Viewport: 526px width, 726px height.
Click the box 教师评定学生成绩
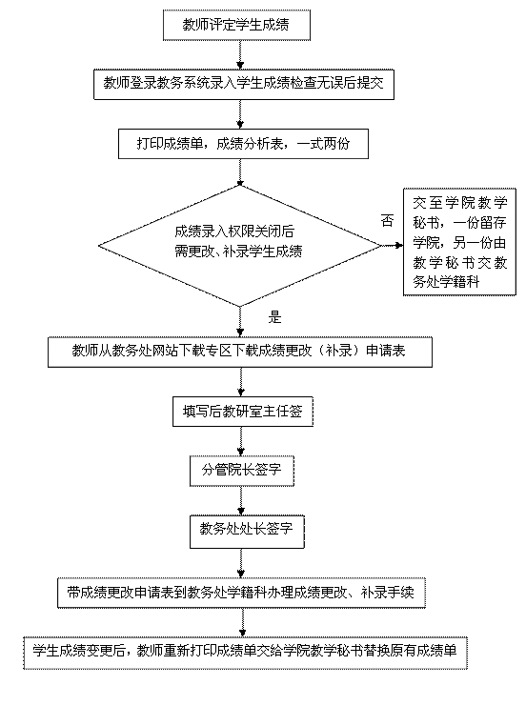236,25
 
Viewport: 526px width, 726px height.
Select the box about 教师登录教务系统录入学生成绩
244,84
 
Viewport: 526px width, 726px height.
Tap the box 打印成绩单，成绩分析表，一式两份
243,144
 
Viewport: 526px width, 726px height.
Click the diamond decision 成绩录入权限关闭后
239,246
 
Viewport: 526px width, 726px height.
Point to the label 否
387,220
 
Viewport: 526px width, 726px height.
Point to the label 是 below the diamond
274,317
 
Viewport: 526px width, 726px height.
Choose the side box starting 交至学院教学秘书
459,241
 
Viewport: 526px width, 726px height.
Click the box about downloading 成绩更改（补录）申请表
240,352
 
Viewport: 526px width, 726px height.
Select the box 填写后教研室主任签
243,412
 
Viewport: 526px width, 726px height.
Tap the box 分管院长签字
242,471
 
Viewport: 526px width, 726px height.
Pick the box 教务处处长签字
247,531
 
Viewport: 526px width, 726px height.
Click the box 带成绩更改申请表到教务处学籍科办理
241,593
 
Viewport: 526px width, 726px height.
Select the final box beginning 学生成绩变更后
245,653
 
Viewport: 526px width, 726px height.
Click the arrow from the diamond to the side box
393,246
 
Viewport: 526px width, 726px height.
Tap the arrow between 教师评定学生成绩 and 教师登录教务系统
240,54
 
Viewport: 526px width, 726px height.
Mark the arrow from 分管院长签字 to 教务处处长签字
241,500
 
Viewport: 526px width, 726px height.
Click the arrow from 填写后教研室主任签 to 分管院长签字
241,441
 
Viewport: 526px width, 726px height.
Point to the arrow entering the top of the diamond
240,171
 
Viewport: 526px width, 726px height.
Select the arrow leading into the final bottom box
242,622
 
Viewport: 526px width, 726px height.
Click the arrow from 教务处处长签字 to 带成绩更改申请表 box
241,563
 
